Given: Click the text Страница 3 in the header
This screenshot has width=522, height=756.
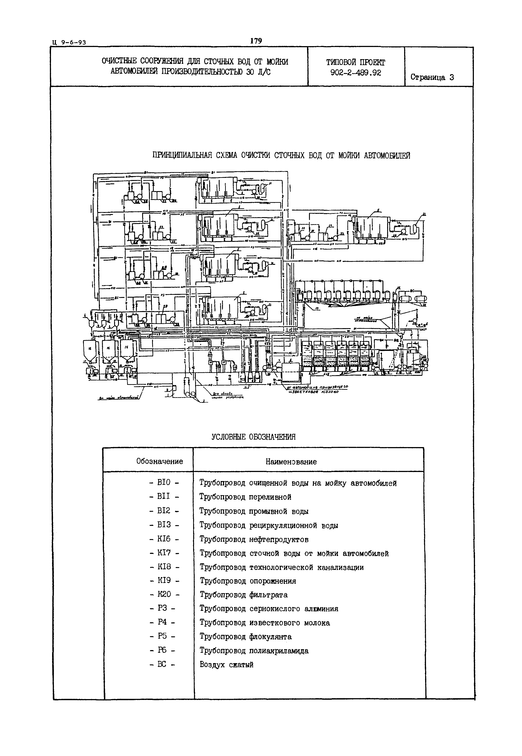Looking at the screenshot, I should point(432,77).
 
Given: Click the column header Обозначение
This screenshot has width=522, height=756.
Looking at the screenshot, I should point(159,461).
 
